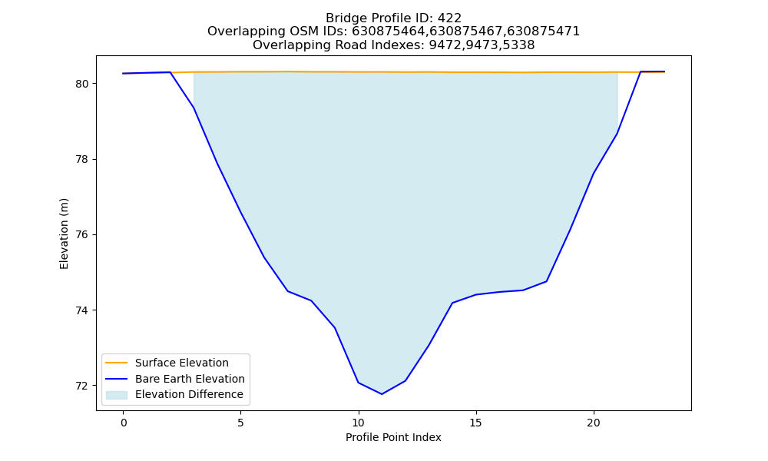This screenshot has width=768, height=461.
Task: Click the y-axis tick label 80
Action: click(82, 84)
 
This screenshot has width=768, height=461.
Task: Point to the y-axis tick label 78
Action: click(82, 160)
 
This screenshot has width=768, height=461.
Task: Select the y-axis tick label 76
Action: click(82, 235)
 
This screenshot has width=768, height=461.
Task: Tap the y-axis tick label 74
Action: click(82, 310)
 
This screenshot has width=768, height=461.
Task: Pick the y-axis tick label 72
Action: click(82, 386)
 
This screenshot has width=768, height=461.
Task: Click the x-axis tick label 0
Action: click(124, 423)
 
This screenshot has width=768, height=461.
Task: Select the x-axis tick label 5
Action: click(240, 423)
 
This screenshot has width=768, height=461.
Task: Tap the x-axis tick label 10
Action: click(359, 423)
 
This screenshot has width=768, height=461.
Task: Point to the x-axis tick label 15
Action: click(475, 423)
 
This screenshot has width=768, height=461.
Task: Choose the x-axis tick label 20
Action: click(594, 423)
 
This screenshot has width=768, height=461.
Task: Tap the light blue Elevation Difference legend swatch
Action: click(117, 395)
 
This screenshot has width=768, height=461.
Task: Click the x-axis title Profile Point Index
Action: click(393, 437)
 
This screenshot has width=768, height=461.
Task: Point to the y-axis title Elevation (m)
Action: click(64, 234)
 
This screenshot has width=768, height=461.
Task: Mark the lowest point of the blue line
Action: click(382, 394)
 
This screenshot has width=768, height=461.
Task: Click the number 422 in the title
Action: click(449, 18)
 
